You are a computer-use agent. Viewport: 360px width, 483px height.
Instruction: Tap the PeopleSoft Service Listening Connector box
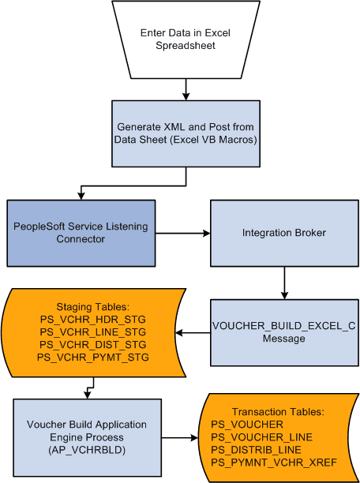click(x=81, y=233)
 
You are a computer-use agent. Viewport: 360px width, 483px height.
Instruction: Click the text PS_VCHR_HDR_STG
click(x=92, y=319)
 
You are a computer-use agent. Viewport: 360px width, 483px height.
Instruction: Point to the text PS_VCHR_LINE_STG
click(x=92, y=331)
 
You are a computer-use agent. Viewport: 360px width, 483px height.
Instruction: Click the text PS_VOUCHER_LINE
click(x=261, y=436)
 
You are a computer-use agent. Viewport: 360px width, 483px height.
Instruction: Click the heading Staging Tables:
click(x=92, y=306)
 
